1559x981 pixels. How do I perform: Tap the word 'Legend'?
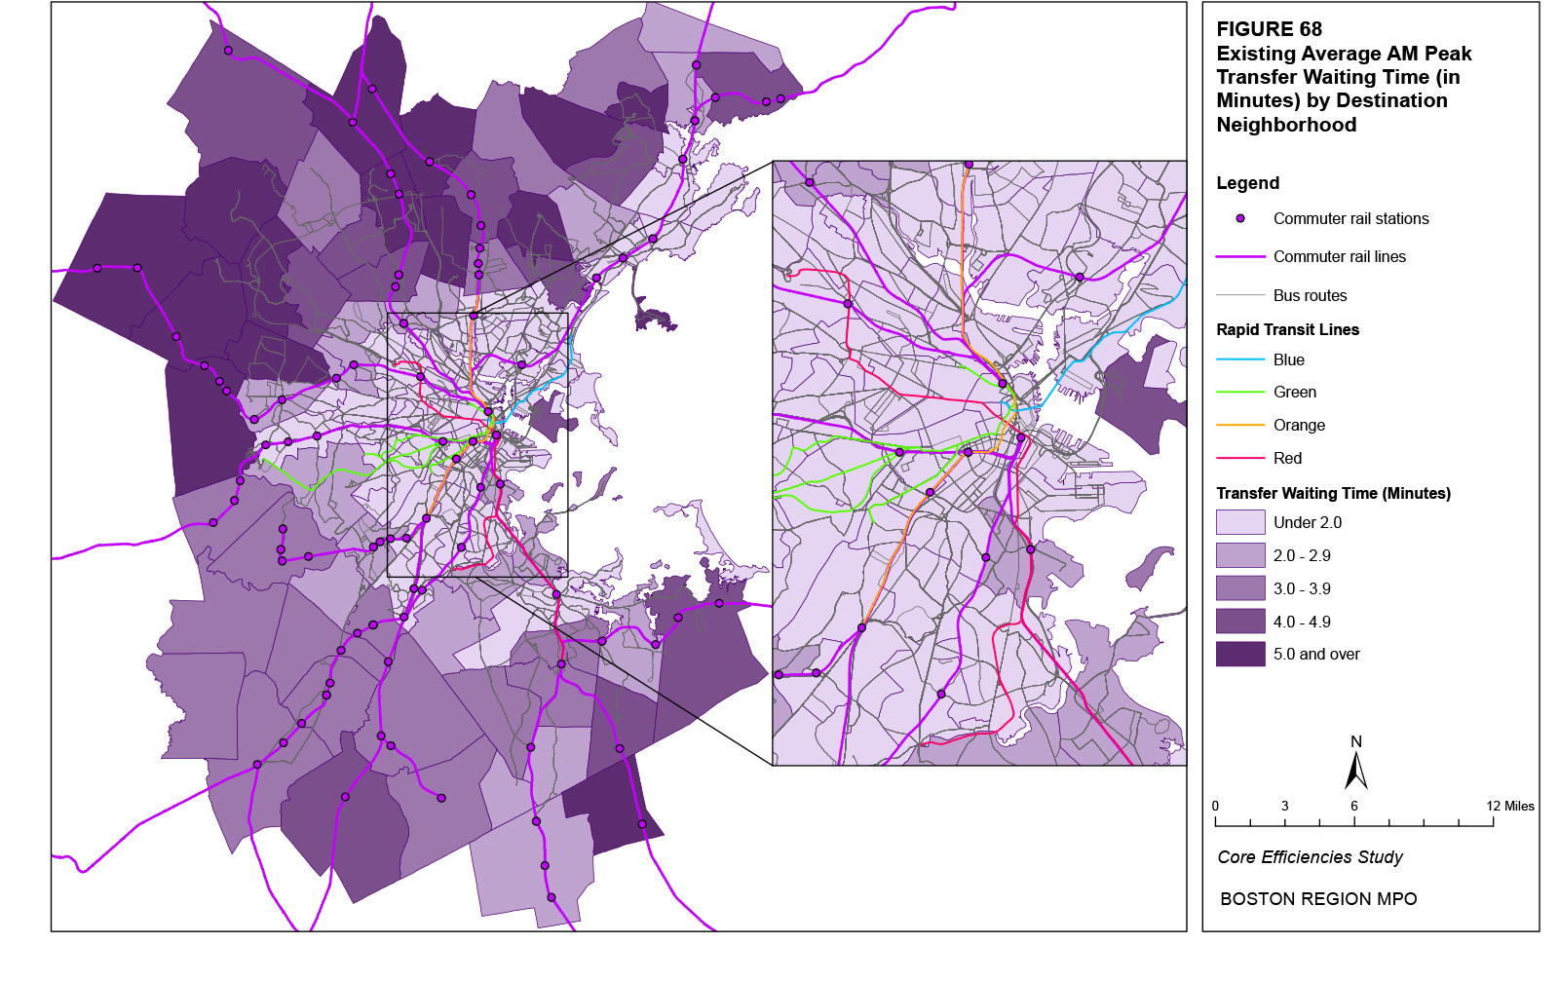(x=1247, y=183)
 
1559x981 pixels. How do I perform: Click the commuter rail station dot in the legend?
(x=1240, y=219)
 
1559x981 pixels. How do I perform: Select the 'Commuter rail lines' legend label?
(x=1339, y=257)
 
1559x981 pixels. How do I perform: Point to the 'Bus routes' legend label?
(x=1310, y=295)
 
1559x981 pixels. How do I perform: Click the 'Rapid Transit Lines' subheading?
(x=1287, y=329)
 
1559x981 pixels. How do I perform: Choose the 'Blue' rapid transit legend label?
(x=1288, y=360)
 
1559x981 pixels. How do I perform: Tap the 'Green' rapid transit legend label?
(x=1294, y=393)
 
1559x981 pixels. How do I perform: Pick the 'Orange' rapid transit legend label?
(x=1299, y=426)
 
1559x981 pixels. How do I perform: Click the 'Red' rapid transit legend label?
(x=1287, y=459)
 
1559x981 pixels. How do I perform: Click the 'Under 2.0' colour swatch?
(x=1240, y=523)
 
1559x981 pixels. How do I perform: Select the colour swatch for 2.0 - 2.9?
(x=1240, y=555)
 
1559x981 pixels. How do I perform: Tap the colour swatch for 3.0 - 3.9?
(x=1240, y=588)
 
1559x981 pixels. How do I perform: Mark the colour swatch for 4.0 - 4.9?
(x=1240, y=622)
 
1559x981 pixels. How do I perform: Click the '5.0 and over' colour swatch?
(x=1240, y=655)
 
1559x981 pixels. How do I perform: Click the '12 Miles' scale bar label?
(x=1509, y=806)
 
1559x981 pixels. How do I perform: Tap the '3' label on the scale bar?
(x=1284, y=806)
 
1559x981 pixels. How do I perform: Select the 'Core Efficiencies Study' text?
(x=1310, y=857)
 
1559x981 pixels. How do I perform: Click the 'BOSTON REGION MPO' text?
(x=1318, y=899)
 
